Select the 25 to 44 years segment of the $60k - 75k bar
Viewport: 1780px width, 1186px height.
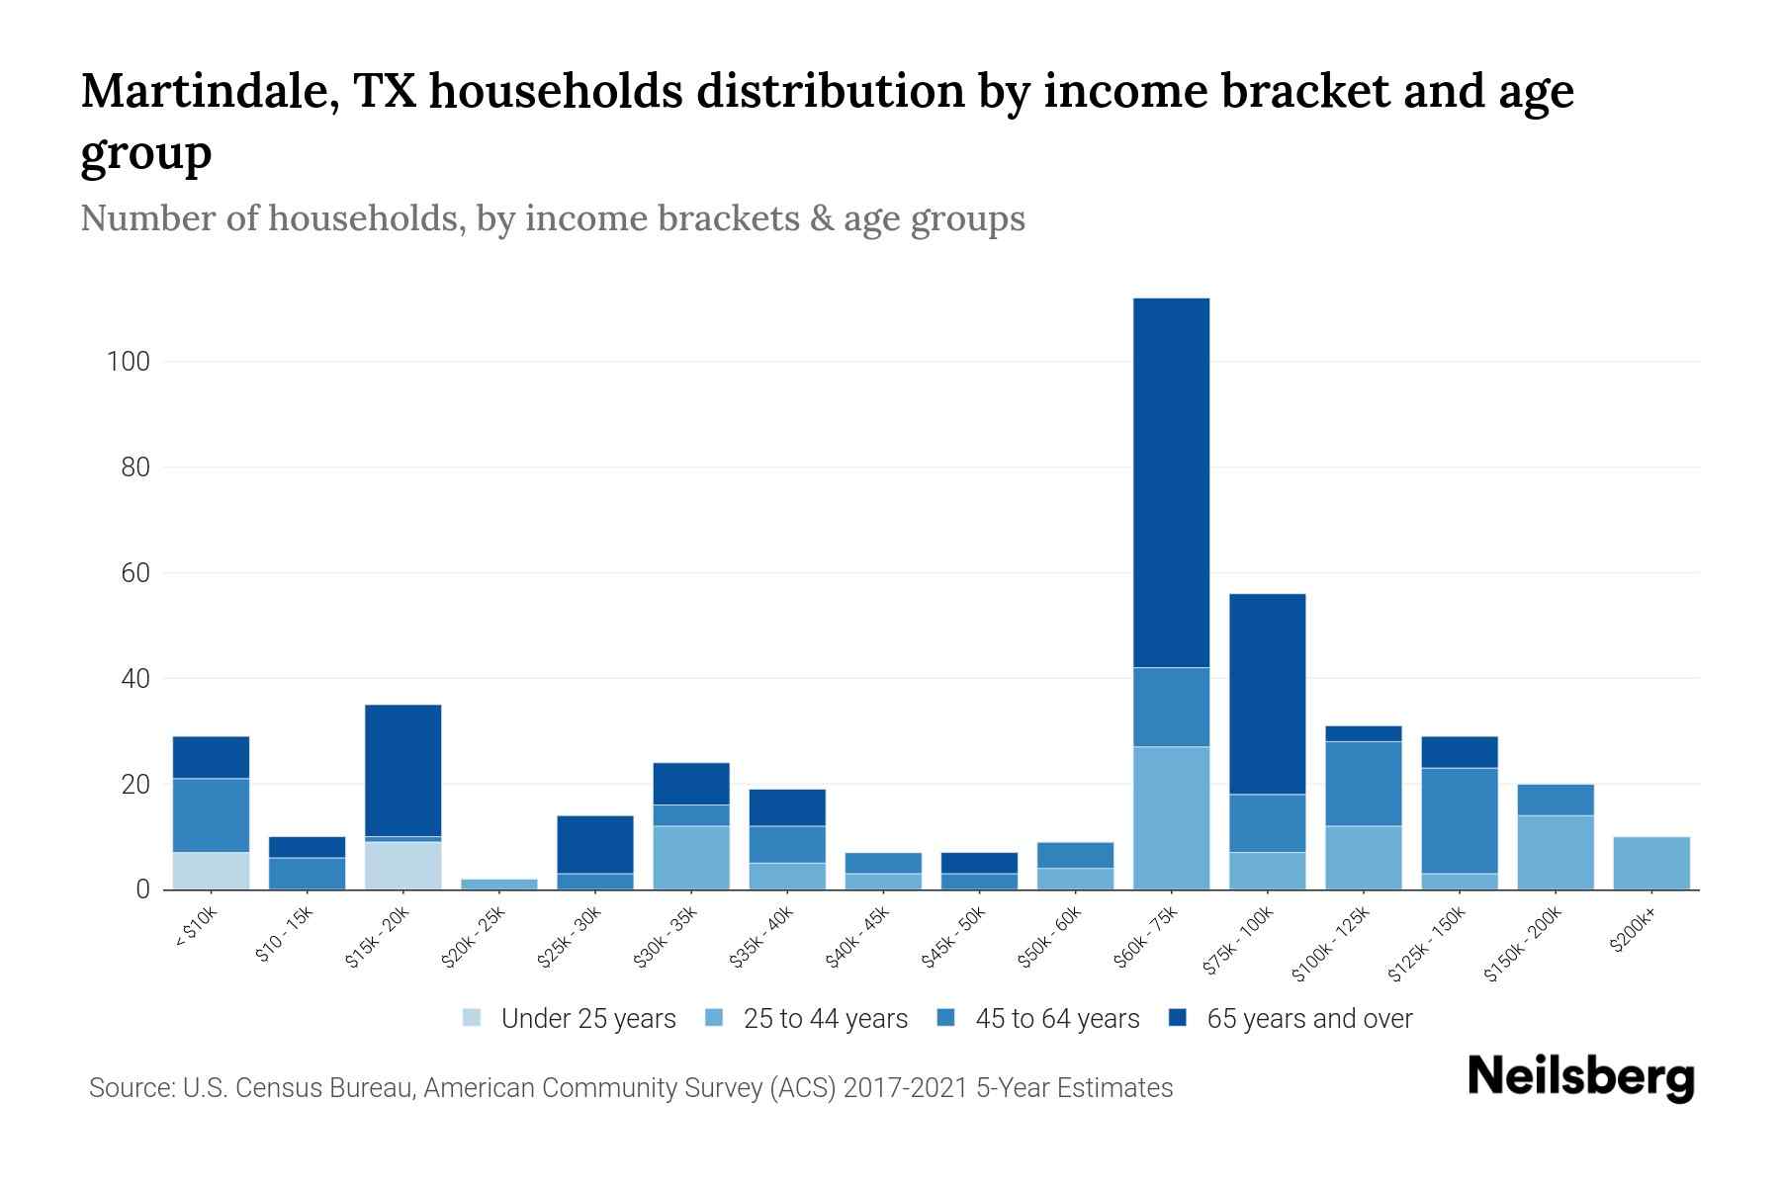pyautogui.click(x=1171, y=817)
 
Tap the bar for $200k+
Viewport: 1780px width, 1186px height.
pyautogui.click(x=1650, y=863)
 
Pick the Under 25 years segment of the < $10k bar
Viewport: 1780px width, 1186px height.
pyautogui.click(x=211, y=871)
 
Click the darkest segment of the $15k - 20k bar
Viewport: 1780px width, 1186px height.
pyautogui.click(x=402, y=770)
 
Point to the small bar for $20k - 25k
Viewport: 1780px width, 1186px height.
pyautogui.click(x=499, y=884)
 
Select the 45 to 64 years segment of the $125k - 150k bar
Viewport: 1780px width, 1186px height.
pyautogui.click(x=1459, y=820)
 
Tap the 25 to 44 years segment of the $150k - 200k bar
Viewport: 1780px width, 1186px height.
pyautogui.click(x=1555, y=852)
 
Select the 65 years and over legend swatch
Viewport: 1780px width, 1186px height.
pyautogui.click(x=1178, y=1018)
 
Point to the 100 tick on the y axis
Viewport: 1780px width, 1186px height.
pyautogui.click(x=128, y=362)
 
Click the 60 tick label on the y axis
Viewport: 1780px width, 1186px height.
pyautogui.click(x=134, y=573)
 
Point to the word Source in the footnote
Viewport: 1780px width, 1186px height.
pyautogui.click(x=129, y=1088)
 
